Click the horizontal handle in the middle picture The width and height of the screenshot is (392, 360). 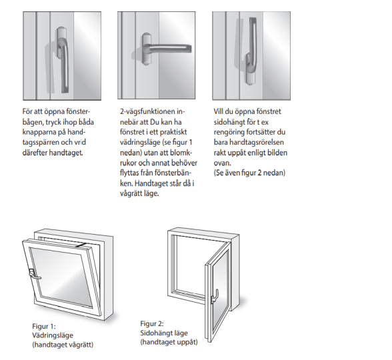point(165,48)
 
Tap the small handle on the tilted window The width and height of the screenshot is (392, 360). point(35,274)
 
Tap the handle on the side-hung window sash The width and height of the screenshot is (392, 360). point(215,296)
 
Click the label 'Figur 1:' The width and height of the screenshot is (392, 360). point(44,326)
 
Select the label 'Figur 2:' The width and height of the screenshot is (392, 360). point(152,323)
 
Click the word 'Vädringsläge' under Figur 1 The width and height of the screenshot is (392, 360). point(53,335)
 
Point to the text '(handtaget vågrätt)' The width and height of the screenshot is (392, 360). point(63,345)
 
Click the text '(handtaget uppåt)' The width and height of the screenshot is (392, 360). point(169,342)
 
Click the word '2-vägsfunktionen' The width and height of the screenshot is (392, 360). point(148,111)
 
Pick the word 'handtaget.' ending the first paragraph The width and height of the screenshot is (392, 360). point(66,153)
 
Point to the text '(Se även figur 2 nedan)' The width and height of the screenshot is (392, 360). point(249,173)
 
